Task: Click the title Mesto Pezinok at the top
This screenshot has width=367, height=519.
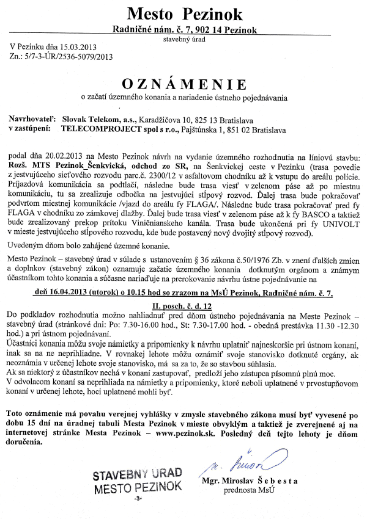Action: [184, 13]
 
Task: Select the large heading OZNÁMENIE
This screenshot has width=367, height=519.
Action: [183, 84]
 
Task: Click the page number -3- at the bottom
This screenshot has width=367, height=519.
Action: [139, 499]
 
